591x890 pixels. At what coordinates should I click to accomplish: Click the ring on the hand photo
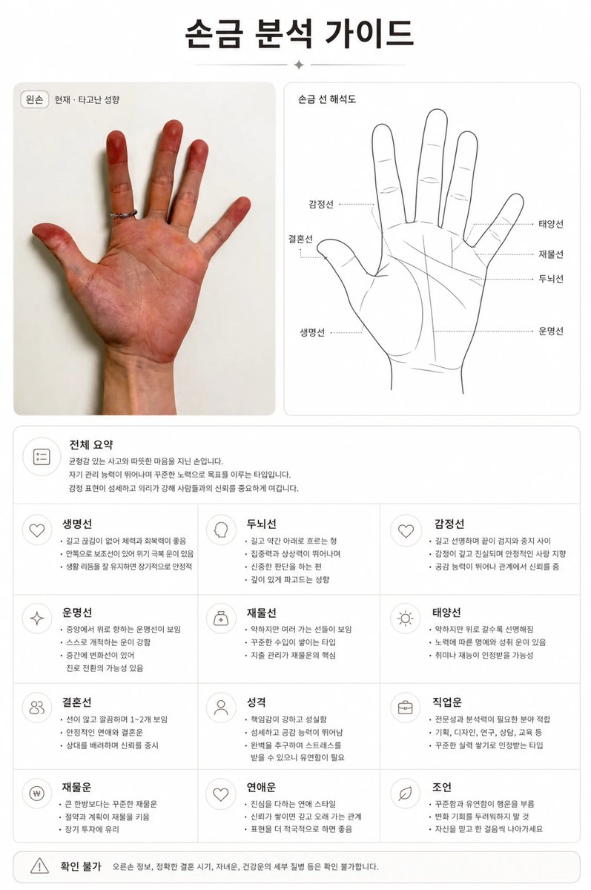(x=124, y=214)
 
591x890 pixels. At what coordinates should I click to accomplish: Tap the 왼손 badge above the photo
(x=35, y=99)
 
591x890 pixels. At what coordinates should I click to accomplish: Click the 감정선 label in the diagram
(x=321, y=204)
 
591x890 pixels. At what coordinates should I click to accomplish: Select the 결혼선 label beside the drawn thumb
(x=300, y=239)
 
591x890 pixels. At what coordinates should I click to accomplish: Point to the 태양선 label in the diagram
(x=551, y=224)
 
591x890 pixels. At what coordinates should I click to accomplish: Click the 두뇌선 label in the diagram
(x=551, y=279)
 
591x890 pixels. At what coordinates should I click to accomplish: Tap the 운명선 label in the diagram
(x=551, y=332)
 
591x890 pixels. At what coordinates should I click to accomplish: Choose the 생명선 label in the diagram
(x=312, y=332)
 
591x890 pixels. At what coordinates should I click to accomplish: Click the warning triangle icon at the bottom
(x=39, y=866)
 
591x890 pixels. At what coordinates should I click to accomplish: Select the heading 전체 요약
(x=91, y=444)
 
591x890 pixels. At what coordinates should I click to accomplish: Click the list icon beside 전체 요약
(x=42, y=457)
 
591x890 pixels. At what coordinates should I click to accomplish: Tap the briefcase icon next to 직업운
(x=405, y=708)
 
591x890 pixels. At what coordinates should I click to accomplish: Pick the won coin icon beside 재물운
(x=37, y=794)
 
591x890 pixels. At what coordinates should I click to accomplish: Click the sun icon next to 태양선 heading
(x=405, y=619)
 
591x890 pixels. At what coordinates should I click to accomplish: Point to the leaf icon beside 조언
(x=405, y=794)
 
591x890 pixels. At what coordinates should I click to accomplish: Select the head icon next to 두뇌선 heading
(x=221, y=530)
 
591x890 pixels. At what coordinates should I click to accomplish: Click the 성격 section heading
(x=256, y=702)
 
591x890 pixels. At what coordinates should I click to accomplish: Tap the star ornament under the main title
(x=299, y=65)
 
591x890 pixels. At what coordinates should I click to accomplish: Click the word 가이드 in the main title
(x=369, y=33)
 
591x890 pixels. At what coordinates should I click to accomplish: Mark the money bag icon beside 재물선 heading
(x=221, y=619)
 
